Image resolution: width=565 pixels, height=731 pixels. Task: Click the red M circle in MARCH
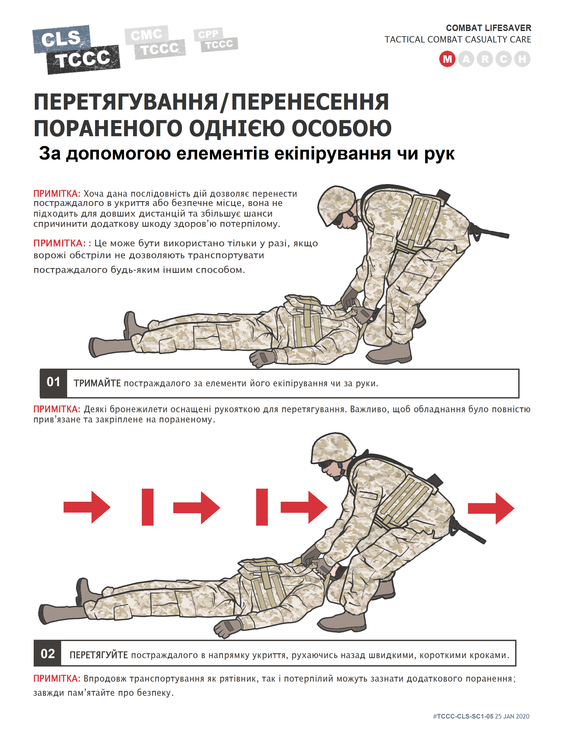447,59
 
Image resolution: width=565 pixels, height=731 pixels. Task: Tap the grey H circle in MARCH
522,59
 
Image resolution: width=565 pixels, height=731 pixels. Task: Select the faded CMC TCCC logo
155,42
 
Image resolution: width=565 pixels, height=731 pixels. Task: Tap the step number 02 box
48,654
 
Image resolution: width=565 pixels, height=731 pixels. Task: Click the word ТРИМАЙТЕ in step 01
97,383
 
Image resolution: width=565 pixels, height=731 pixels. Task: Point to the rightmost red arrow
491,508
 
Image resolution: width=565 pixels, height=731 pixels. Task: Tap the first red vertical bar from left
148,507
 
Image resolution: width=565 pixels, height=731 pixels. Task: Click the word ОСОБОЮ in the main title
341,128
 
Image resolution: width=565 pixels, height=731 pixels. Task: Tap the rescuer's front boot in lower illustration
341,622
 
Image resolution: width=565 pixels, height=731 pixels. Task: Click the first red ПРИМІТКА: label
56,193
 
